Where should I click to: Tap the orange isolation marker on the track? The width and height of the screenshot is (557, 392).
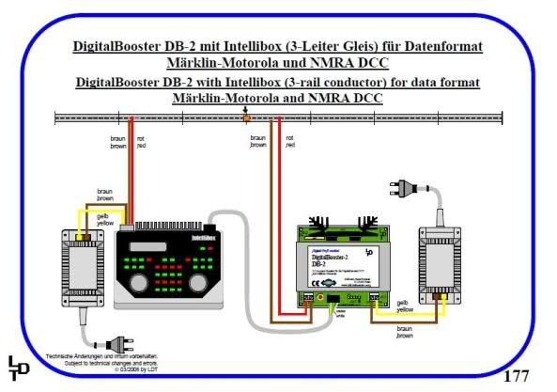point(246,118)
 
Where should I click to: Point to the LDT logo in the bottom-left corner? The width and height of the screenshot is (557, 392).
point(19,369)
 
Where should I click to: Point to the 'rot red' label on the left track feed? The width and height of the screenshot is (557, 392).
point(141,146)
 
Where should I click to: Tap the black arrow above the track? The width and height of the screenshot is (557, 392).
point(246,109)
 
